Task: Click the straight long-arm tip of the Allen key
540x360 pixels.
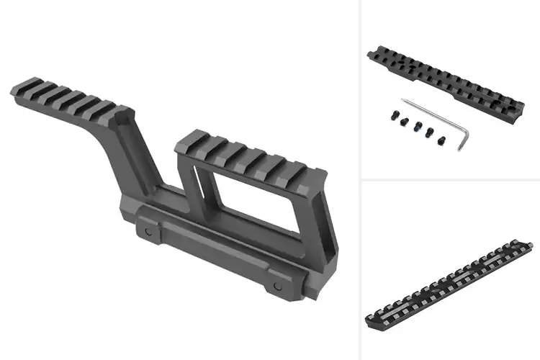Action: (403, 99)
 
